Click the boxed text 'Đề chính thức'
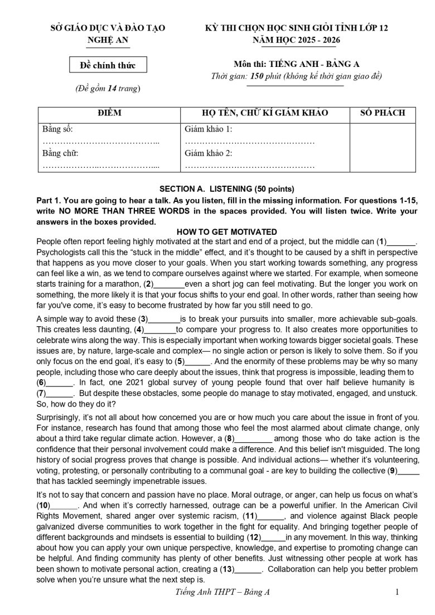[108, 65]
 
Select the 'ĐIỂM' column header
[109, 113]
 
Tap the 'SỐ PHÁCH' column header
[383, 113]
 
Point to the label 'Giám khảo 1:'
[208, 129]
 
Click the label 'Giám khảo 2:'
[208, 153]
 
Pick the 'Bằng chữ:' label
[61, 153]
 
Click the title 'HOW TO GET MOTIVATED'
[226, 232]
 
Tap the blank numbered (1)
[402, 242]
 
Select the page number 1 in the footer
[397, 592]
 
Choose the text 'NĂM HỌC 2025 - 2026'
[297, 40]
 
